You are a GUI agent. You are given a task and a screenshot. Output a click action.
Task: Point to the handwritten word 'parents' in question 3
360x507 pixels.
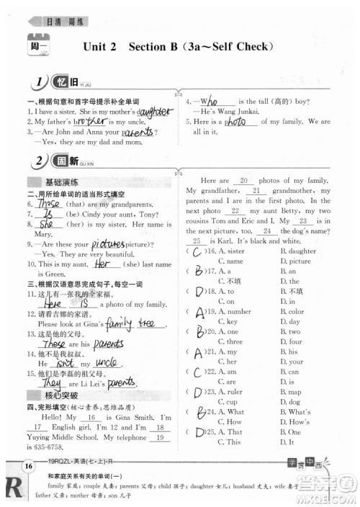(x=140, y=133)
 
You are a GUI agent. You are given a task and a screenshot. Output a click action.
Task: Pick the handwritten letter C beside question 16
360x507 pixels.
(x=195, y=251)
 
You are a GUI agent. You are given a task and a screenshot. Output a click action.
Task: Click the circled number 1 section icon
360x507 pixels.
(x=37, y=82)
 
